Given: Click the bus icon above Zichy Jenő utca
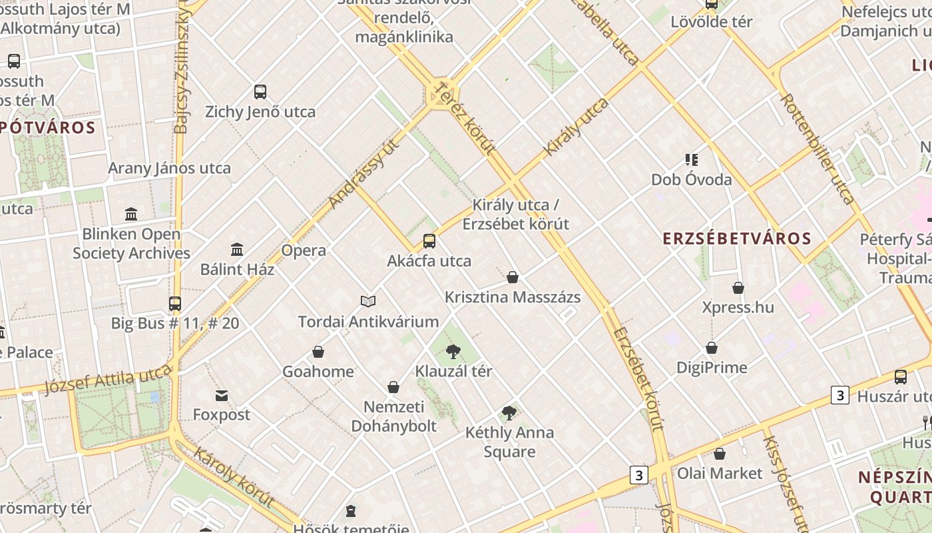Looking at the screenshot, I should click(x=260, y=92).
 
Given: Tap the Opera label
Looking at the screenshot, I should click(x=304, y=251).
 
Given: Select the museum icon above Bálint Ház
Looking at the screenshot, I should click(x=237, y=250).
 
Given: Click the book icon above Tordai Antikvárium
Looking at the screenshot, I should click(x=368, y=302).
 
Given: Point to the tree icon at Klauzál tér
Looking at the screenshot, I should click(x=453, y=351).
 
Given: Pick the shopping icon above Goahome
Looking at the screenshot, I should click(x=318, y=352).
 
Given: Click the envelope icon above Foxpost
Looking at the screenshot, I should click(x=222, y=396).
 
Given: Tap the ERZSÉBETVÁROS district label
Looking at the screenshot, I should click(x=737, y=239).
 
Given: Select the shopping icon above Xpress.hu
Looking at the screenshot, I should click(x=738, y=288).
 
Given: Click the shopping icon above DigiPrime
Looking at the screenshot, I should click(x=712, y=348).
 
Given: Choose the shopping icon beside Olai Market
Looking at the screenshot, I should click(x=720, y=454).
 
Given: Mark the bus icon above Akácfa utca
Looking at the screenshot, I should click(x=429, y=241).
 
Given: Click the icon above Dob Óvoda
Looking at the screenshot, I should click(x=692, y=160).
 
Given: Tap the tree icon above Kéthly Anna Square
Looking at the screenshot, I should click(x=509, y=413).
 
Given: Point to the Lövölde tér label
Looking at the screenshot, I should click(x=712, y=21).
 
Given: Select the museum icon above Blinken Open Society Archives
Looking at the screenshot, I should click(x=131, y=215).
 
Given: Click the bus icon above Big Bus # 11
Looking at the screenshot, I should click(x=175, y=304).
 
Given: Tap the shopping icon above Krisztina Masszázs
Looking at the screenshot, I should click(x=513, y=277).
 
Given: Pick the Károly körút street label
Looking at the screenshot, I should click(x=234, y=477).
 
